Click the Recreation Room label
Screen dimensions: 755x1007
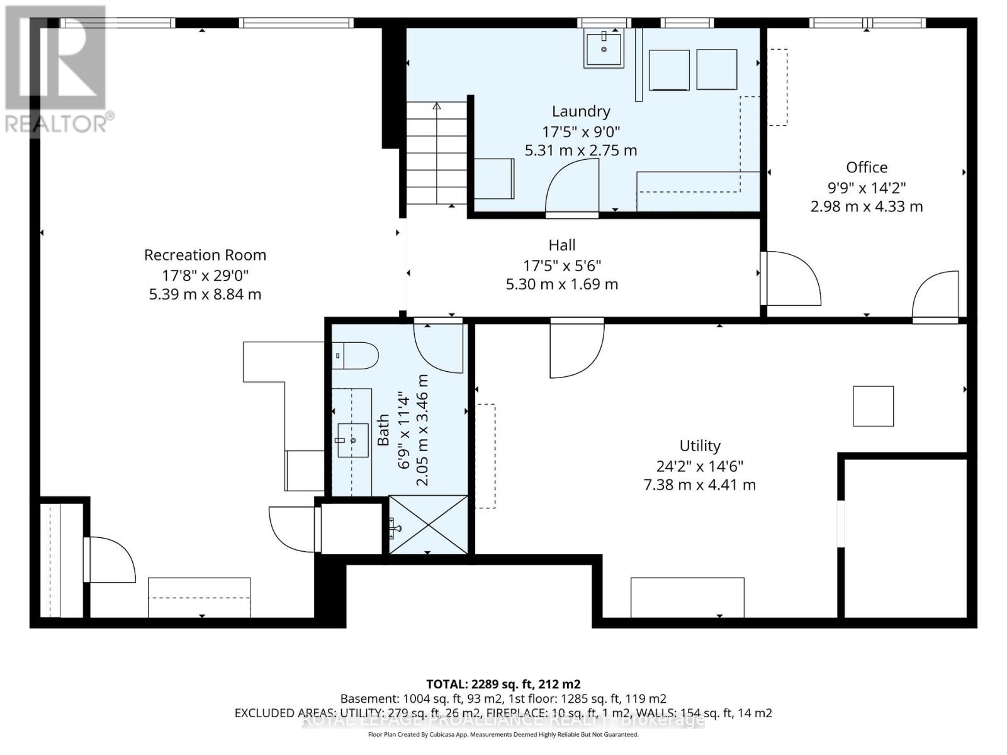[x=205, y=255]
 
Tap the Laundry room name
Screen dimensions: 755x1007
[x=581, y=111]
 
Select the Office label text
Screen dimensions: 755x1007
[x=867, y=167]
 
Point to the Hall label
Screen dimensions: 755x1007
[x=562, y=245]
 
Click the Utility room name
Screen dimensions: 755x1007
[x=700, y=446]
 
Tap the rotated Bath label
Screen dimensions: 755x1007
[x=383, y=430]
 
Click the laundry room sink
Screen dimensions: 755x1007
[x=604, y=48]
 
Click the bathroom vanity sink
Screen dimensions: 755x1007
[x=353, y=440]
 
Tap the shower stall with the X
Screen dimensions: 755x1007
[x=429, y=525]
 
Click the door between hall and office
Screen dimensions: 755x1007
[x=790, y=278]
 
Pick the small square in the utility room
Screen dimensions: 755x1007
[x=873, y=406]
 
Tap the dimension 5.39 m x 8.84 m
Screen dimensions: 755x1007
[x=205, y=294]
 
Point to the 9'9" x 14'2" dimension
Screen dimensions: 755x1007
[x=867, y=187]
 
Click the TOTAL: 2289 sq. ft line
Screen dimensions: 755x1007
[x=503, y=684]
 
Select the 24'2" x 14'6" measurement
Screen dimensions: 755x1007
[x=700, y=466]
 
